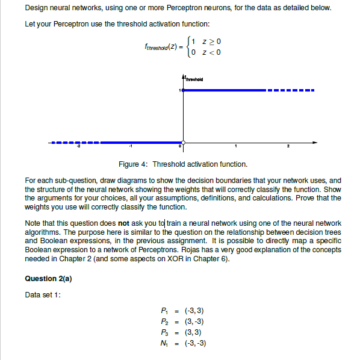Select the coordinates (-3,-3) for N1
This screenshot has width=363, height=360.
tap(196, 343)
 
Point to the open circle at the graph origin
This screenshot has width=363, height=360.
tap(183, 144)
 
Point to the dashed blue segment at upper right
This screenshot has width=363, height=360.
tap(290, 91)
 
